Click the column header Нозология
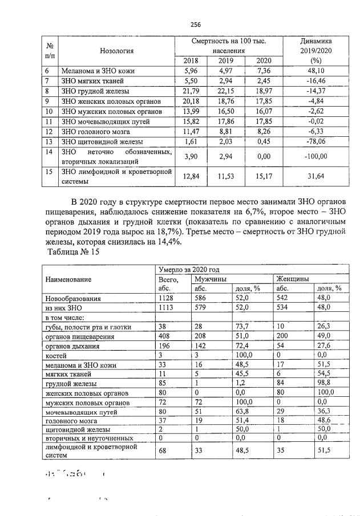pos(116,51)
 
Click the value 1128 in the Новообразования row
pos(166,298)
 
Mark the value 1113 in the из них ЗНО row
pos(166,307)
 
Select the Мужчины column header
pos(209,279)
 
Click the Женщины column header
pos(293,279)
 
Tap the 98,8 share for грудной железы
pos(324,384)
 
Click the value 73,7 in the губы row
pos(244,327)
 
